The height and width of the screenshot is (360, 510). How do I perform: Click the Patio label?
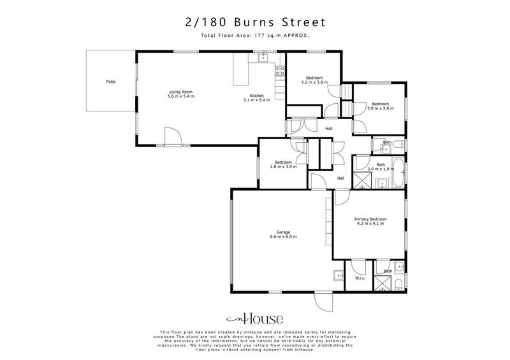[x=111, y=82]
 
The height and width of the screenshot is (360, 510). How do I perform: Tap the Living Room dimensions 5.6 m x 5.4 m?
[x=180, y=96]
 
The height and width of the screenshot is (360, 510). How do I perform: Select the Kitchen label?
[x=257, y=96]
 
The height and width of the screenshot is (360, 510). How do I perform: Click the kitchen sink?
[x=263, y=59]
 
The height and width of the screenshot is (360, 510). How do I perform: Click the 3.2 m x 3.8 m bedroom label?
[x=314, y=82]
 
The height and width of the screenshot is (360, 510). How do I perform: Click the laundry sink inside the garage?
[x=336, y=277]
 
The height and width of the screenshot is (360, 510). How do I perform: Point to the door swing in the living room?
[x=172, y=136]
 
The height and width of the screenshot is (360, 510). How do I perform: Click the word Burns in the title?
[x=253, y=22]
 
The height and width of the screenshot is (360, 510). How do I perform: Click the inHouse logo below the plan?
[x=255, y=318]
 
